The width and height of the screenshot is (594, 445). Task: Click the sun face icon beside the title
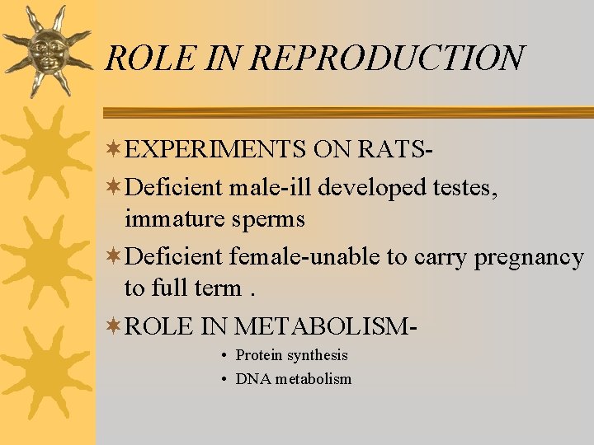(45, 51)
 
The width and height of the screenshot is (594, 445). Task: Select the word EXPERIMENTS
(216, 149)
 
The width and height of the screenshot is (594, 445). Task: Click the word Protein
(259, 355)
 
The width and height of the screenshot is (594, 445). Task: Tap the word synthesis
(318, 356)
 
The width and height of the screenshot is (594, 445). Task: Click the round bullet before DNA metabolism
(224, 380)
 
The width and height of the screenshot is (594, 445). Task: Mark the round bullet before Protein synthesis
(224, 356)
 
